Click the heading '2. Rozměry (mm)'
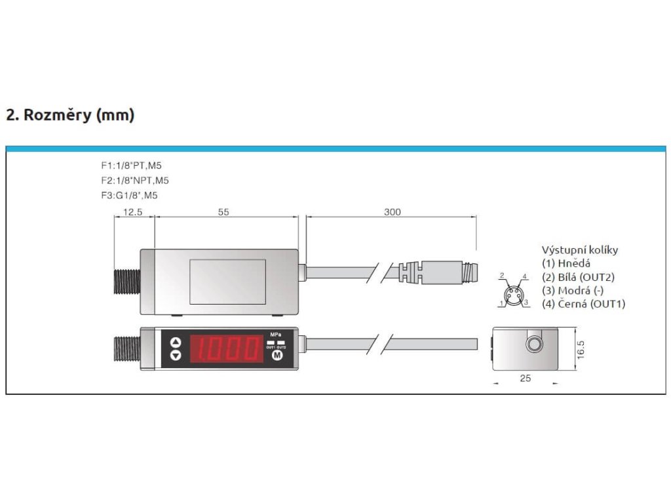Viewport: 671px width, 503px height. [70, 115]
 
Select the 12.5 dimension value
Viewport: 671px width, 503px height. [133, 212]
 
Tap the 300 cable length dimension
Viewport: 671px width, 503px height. [392, 212]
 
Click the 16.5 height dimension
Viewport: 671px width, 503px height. [580, 348]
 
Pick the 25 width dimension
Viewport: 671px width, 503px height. [525, 379]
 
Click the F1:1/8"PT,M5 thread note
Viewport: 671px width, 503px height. [131, 166]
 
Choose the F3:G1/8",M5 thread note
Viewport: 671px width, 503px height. [129, 195]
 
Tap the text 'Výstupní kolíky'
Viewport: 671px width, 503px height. [579, 250]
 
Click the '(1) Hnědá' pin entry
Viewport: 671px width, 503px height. [566, 263]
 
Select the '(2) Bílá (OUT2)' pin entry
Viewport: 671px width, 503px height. [579, 277]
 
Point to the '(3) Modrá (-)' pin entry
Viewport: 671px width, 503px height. [572, 290]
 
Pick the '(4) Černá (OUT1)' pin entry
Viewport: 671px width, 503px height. [583, 304]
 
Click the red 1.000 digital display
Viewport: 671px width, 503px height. [226, 348]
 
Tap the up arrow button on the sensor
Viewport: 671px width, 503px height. [176, 341]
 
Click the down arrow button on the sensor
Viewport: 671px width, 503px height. [176, 356]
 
